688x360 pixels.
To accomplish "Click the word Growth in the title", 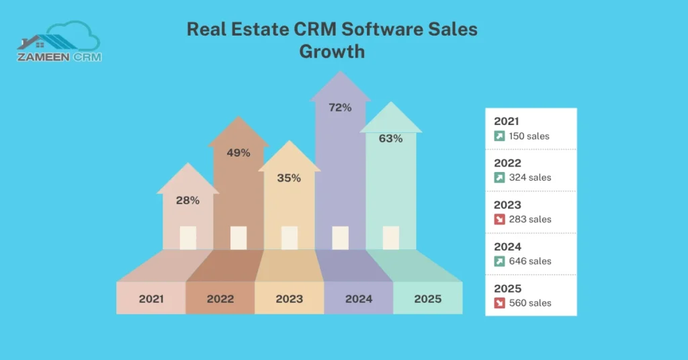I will pyautogui.click(x=332, y=52).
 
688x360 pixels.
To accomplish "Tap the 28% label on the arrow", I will pyautogui.click(x=187, y=200).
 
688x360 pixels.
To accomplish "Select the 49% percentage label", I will pyautogui.click(x=239, y=152).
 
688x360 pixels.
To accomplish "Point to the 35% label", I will pyautogui.click(x=289, y=178).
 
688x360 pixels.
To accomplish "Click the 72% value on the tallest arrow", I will pyautogui.click(x=340, y=107).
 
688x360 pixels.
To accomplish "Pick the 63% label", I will pyautogui.click(x=390, y=138).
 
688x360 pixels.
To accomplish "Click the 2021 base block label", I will pyautogui.click(x=151, y=299).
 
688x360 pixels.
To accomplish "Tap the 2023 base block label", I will pyautogui.click(x=289, y=299).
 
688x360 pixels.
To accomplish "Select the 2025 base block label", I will pyautogui.click(x=428, y=299).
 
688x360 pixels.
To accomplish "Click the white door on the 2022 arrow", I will pyautogui.click(x=239, y=238).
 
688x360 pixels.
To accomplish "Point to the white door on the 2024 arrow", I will pyautogui.click(x=341, y=238).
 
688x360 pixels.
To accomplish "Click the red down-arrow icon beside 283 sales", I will pyautogui.click(x=499, y=220).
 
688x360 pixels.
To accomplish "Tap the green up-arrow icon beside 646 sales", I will pyautogui.click(x=499, y=261).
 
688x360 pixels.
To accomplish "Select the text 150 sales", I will pyautogui.click(x=529, y=136).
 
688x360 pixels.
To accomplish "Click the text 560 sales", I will pyautogui.click(x=529, y=303).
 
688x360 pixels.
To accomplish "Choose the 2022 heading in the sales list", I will pyautogui.click(x=507, y=163).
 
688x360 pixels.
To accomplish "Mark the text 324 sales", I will pyautogui.click(x=529, y=178).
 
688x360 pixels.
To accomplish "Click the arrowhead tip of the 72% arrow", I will pyautogui.click(x=341, y=73).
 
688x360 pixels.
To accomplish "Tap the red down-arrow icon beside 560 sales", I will pyautogui.click(x=499, y=303).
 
